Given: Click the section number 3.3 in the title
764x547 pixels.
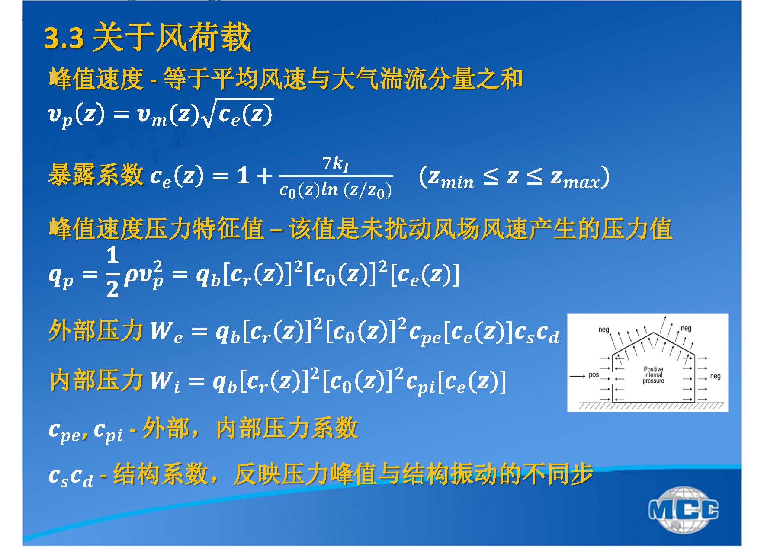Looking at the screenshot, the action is (64, 38).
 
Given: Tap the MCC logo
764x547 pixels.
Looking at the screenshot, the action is (683, 509).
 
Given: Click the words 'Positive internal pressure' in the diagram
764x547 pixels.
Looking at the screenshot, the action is (653, 375).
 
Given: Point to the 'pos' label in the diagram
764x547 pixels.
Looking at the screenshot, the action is (594, 375).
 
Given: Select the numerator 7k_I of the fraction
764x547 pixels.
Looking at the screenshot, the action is (335, 164).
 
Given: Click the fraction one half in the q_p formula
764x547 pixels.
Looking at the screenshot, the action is (112, 273).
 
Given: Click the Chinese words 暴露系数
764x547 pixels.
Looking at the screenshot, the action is (96, 175).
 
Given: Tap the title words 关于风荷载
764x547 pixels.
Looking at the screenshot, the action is (172, 38).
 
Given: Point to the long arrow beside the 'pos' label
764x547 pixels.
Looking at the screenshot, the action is (578, 376).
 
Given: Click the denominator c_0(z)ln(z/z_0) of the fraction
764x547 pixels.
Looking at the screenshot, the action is (336, 190).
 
